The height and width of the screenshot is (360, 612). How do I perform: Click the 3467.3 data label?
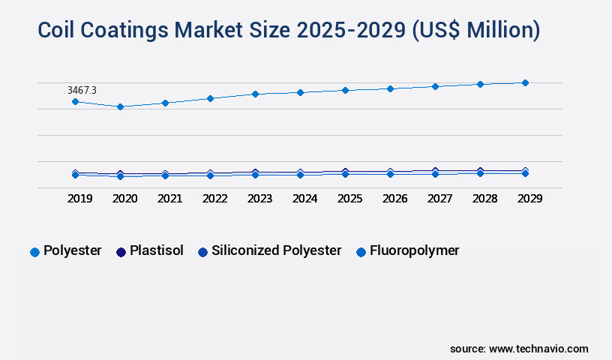click(82, 90)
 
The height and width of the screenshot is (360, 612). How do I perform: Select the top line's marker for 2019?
click(75, 101)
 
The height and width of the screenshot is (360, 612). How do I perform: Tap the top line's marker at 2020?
click(120, 106)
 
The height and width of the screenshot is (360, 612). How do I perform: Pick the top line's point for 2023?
click(255, 94)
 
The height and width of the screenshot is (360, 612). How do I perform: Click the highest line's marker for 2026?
click(390, 88)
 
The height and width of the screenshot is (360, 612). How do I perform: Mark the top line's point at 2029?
click(525, 82)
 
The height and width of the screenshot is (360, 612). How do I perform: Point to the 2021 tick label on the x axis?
click(169, 199)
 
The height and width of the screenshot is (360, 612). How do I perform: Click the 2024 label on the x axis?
click(304, 199)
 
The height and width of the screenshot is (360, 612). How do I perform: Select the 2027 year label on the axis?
click(439, 199)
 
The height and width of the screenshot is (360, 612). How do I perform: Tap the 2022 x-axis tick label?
click(214, 199)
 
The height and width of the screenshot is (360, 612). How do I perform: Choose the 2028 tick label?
click(484, 199)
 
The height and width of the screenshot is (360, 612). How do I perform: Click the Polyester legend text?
click(72, 250)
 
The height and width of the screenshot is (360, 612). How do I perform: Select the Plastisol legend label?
click(156, 250)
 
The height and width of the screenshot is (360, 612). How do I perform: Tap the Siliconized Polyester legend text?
click(276, 250)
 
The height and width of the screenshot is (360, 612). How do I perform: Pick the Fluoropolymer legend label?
click(414, 250)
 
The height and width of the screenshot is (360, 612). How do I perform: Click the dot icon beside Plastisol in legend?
click(121, 252)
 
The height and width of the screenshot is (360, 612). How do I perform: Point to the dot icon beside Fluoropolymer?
click(361, 252)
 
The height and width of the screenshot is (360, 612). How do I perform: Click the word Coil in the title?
click(61, 30)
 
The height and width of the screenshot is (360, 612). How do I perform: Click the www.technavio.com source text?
click(538, 349)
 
